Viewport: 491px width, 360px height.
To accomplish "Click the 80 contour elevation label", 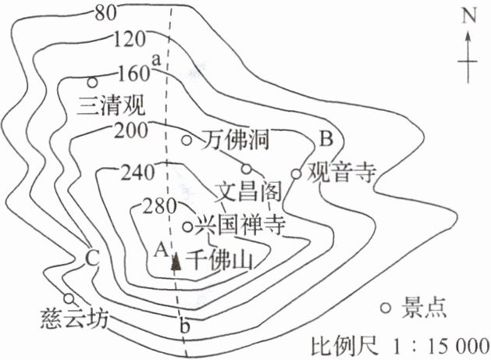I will click(106, 12).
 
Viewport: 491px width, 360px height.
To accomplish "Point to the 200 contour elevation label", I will click(130, 130).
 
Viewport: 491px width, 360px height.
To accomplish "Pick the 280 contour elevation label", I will click(158, 207).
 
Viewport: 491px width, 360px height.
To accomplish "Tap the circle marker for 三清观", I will click(93, 82).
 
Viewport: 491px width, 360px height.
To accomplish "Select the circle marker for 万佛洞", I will click(187, 141).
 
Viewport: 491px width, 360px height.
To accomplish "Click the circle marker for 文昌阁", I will click(246, 169).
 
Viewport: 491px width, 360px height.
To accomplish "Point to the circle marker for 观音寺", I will click(296, 173).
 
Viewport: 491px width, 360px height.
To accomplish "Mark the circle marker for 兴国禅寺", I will click(187, 227).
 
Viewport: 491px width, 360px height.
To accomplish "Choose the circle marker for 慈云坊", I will click(69, 298).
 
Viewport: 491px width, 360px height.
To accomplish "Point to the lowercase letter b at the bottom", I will click(184, 328).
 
